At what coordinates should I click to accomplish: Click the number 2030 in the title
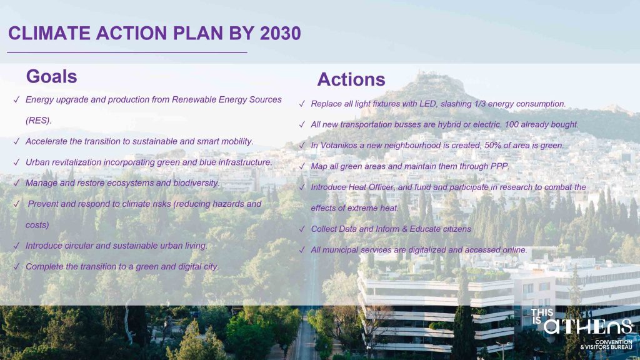click(x=280, y=34)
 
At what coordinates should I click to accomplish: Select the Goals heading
click(x=51, y=76)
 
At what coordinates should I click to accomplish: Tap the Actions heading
click(x=351, y=79)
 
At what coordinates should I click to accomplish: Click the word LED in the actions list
click(x=428, y=104)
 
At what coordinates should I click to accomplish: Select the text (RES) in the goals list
click(x=38, y=121)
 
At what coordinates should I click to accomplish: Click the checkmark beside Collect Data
click(x=302, y=229)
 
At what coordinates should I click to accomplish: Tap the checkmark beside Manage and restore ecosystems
click(x=17, y=183)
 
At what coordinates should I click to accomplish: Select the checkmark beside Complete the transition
click(x=17, y=266)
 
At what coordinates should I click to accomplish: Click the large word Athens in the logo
click(x=588, y=326)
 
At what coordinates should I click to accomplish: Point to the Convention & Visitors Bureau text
click(x=606, y=344)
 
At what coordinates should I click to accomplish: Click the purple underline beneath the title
click(x=127, y=52)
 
